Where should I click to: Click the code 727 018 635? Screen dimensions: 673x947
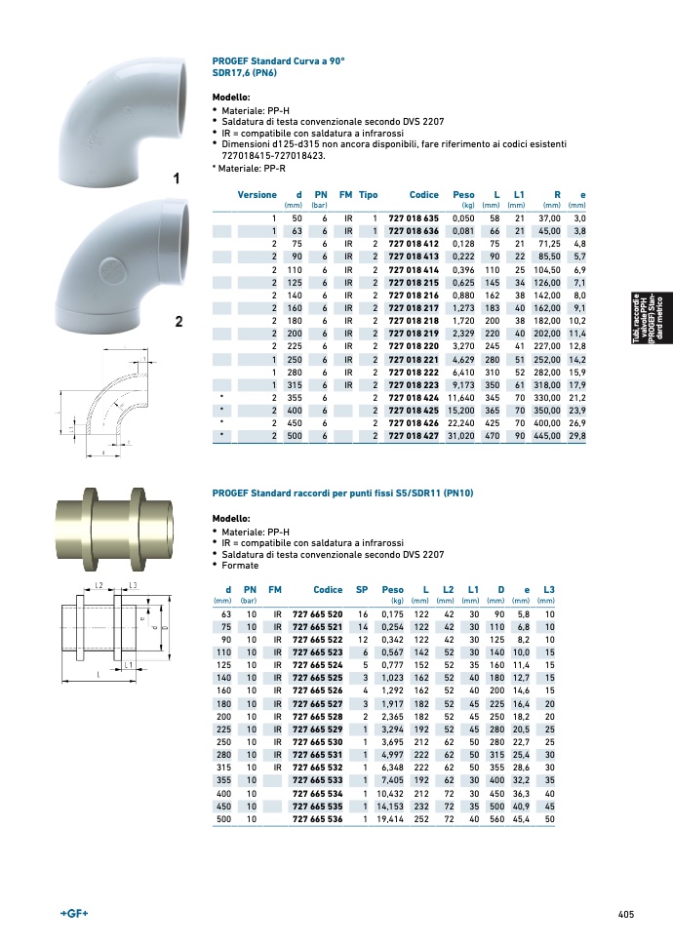coord(414,218)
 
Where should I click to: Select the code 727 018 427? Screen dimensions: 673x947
coord(414,435)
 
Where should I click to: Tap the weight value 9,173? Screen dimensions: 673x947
coord(463,384)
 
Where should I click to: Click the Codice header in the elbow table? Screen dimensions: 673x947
coord(424,194)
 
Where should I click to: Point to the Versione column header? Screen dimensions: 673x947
coord(257,194)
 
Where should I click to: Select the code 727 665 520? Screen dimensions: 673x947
coord(317,614)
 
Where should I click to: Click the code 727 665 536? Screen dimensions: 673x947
coord(317,819)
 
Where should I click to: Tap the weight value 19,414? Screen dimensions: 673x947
coord(390,819)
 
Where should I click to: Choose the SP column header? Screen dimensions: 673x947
coord(362,589)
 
